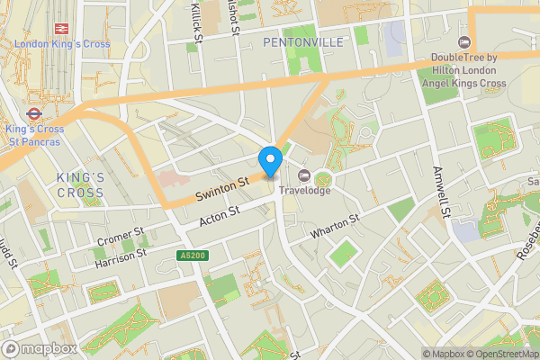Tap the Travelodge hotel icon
[303, 175]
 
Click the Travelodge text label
[303, 190]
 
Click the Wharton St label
[335, 225]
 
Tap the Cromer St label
[120, 238]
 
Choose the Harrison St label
[120, 255]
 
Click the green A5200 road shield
[188, 256]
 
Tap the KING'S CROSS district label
[80, 185]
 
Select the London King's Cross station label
[61, 45]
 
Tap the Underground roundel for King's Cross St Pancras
[33, 114]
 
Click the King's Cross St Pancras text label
[34, 134]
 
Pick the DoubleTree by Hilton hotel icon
[465, 42]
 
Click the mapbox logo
[40, 348]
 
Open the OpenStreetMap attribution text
[499, 354]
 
